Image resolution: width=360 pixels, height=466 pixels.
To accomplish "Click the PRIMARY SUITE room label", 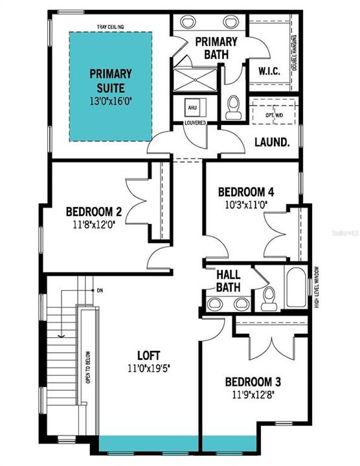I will [x=110, y=80].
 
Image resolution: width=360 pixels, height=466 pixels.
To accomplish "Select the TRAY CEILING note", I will [x=110, y=27].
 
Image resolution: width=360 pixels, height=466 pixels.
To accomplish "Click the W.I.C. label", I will [x=269, y=70].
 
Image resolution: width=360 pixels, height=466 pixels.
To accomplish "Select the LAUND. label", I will [x=271, y=141].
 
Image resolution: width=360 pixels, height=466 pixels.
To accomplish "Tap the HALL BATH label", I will [x=229, y=281].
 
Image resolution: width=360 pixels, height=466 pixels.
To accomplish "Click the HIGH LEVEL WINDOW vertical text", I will [x=317, y=286].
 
